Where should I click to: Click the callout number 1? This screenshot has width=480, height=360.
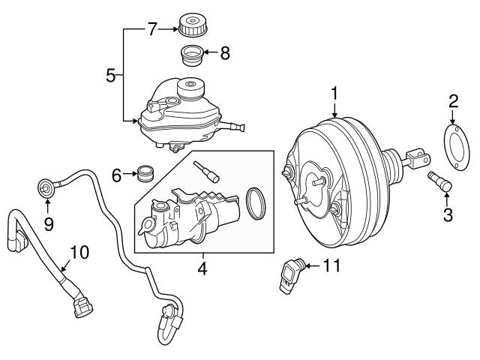point(334,94)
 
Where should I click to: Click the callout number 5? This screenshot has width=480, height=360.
point(110,75)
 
